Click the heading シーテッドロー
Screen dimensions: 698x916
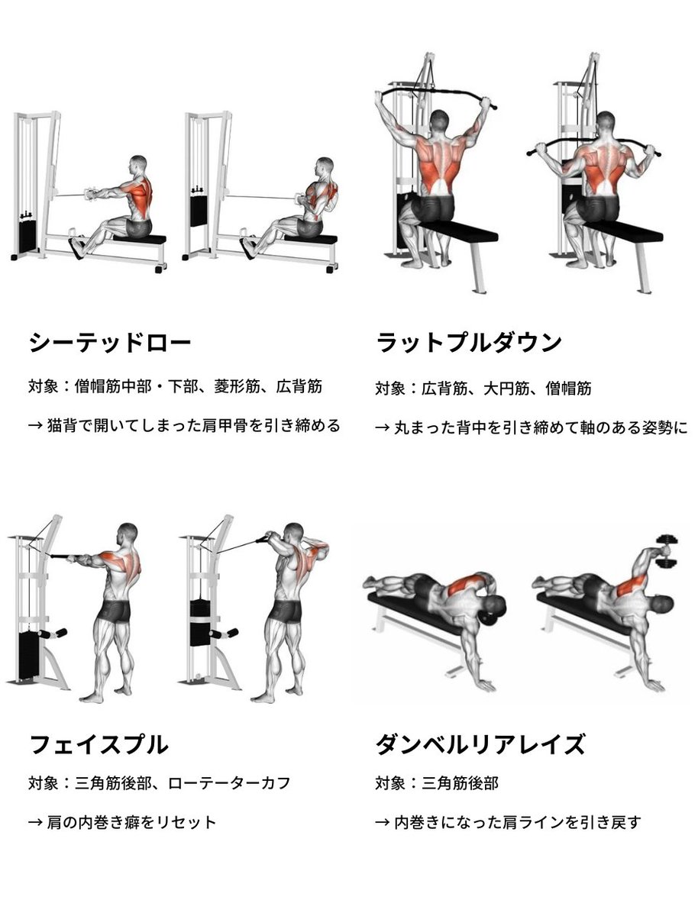[110, 343]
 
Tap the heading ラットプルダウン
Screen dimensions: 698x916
[469, 343]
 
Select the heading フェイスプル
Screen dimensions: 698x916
[99, 744]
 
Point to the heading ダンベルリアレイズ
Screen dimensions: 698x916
[480, 744]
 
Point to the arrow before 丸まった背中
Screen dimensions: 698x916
[382, 427]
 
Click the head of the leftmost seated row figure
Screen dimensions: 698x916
[137, 165]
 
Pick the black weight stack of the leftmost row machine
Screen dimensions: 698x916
[27, 236]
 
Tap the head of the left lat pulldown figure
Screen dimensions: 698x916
[440, 122]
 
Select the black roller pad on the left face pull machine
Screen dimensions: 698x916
[53, 634]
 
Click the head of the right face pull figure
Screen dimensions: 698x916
[293, 535]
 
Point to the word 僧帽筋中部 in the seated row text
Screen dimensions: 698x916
[113, 386]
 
